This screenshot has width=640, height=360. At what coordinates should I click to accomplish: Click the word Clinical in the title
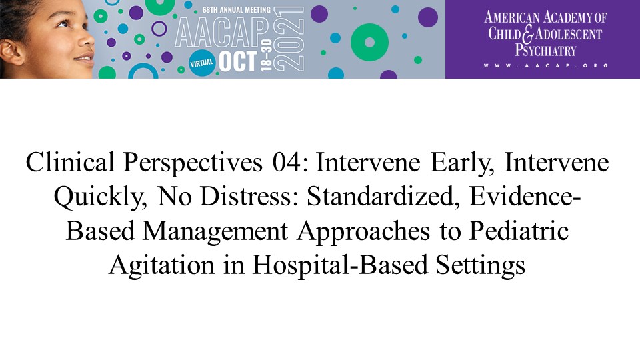click(70, 162)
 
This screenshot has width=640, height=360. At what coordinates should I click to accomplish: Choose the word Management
click(215, 232)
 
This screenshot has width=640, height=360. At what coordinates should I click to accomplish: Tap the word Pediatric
click(519, 231)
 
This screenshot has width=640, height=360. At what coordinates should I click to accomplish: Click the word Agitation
click(161, 266)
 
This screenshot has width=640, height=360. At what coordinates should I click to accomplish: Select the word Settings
click(480, 266)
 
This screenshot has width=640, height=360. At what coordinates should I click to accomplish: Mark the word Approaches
click(363, 232)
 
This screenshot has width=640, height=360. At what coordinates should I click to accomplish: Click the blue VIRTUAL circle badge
click(201, 63)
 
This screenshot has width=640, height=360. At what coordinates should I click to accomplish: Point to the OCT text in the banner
click(238, 61)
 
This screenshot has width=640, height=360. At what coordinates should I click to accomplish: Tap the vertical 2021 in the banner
click(289, 39)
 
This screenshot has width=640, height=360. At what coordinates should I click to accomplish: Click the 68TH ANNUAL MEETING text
click(236, 9)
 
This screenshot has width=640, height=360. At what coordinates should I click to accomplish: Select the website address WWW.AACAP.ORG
click(546, 65)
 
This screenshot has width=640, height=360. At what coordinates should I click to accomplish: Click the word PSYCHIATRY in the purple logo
click(545, 50)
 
